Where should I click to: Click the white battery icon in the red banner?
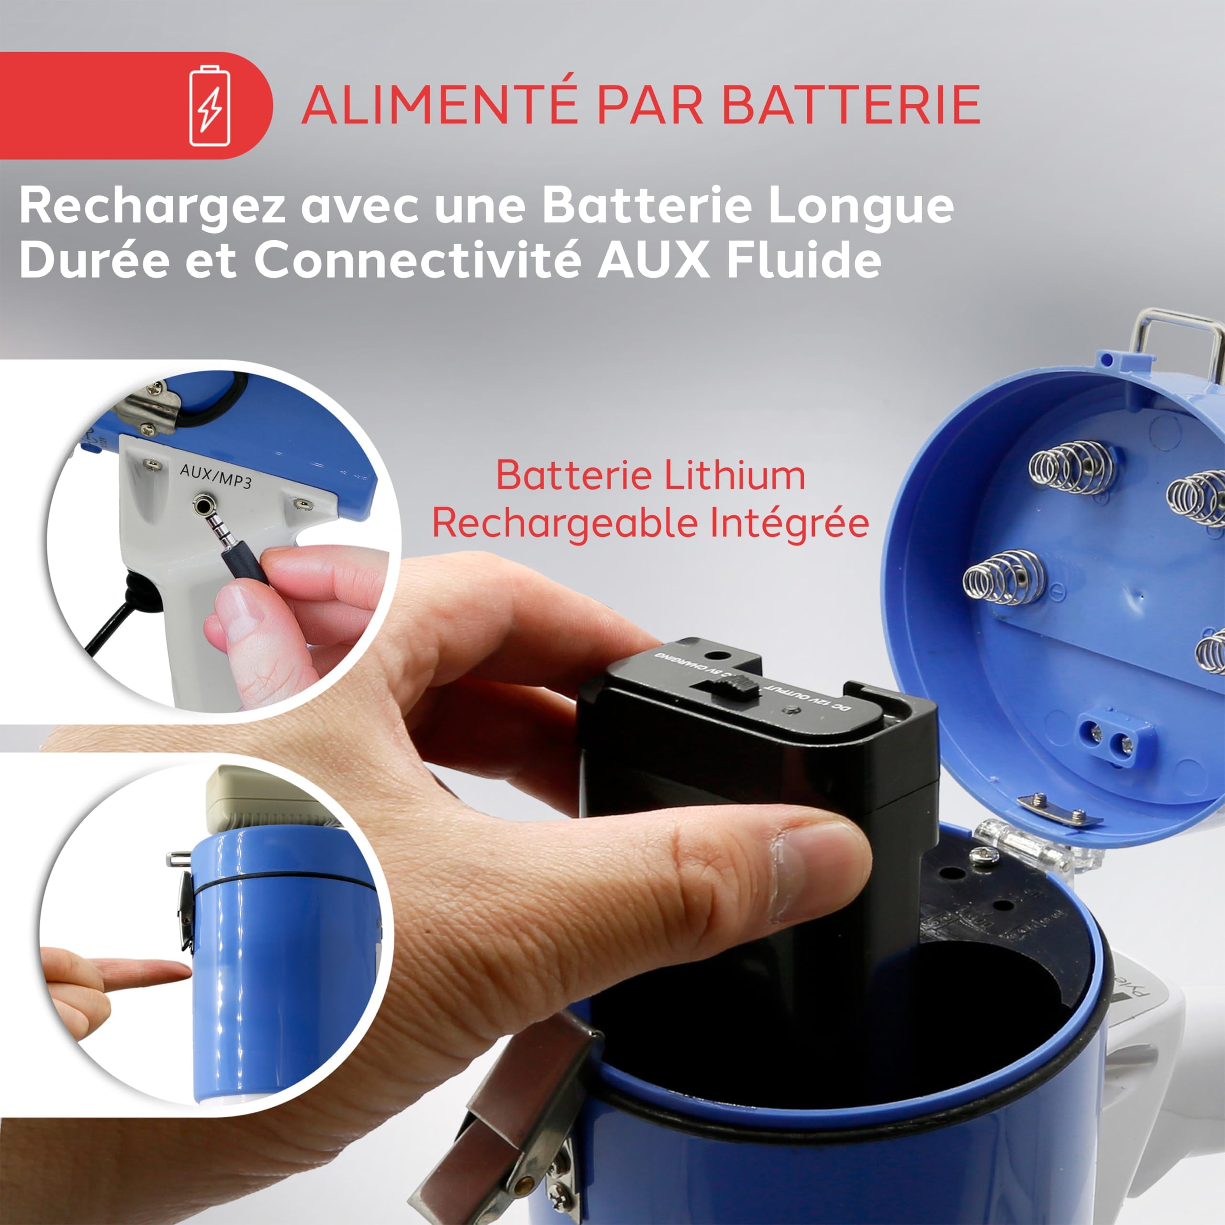pos(210,105)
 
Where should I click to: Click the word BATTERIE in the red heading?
pos(851,105)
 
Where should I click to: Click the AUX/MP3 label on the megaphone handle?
pos(216,476)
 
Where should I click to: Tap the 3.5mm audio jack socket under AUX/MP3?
pos(203,505)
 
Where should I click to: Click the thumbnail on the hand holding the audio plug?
pos(238,612)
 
